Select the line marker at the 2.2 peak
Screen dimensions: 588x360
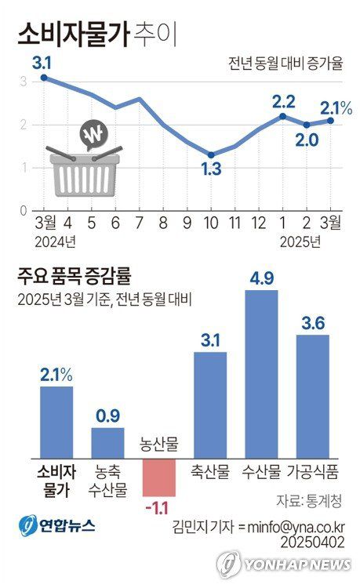(282, 116)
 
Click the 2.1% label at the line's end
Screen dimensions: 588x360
(336, 107)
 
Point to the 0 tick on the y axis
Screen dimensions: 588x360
(24, 211)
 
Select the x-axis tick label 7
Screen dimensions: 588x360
(139, 223)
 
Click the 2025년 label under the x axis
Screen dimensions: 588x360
(301, 241)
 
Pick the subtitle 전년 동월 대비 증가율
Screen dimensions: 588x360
(285, 64)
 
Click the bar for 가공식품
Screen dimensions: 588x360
(312, 396)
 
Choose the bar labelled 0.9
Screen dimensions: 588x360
(107, 442)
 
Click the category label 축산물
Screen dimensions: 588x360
(209, 472)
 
